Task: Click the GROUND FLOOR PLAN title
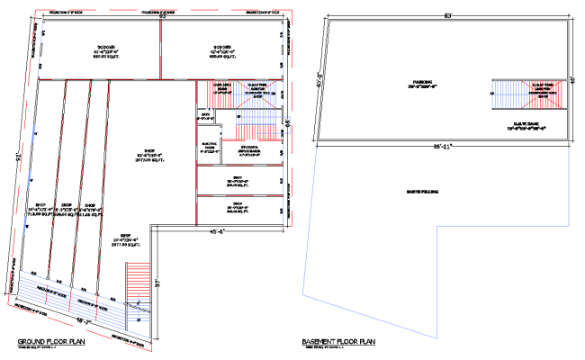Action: (x=50, y=342)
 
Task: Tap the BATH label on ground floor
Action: (x=204, y=115)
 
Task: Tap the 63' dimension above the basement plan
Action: (x=445, y=15)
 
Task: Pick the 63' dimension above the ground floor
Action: (x=163, y=15)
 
